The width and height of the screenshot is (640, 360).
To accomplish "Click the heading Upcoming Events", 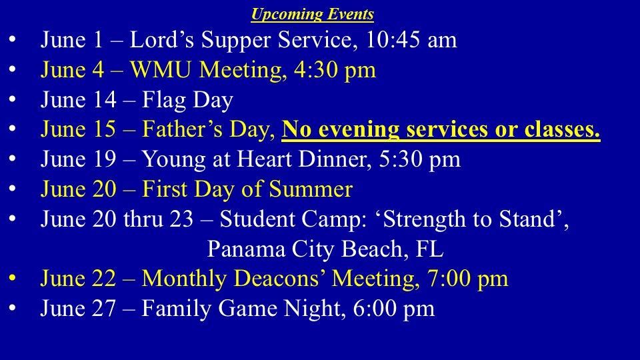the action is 312,14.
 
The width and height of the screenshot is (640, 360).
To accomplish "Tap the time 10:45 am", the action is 411,40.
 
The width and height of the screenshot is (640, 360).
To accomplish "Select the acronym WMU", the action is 161,69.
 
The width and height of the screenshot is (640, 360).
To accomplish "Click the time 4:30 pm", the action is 335,70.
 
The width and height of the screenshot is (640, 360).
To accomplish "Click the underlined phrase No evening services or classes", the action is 441,129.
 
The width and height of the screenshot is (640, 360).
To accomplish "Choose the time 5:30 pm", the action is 419,159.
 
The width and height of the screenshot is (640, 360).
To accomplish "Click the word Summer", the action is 311,189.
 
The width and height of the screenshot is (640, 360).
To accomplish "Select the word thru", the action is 142,219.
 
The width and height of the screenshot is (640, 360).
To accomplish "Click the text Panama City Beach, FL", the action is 325,249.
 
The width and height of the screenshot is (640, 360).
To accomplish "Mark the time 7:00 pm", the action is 468,279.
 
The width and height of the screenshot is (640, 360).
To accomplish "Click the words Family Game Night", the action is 241,309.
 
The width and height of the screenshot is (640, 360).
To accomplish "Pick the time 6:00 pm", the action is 394,309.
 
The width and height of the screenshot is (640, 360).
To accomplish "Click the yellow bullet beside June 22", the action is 12,277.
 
